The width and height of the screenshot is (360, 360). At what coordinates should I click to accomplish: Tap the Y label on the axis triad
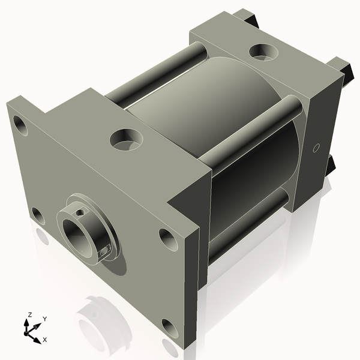coord(45,319)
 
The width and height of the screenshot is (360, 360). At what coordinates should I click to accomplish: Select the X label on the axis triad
coord(44,340)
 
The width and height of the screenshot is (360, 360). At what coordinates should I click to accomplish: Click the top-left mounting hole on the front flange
coord(20,127)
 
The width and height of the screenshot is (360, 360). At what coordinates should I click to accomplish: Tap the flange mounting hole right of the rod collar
coord(168,239)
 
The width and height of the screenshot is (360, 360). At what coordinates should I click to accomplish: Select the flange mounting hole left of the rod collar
coord(37,215)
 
